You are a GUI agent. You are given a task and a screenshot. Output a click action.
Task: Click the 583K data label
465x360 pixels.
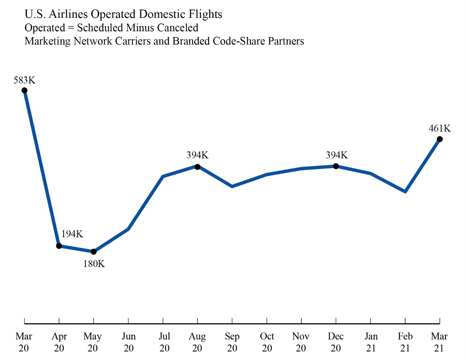tap(24, 80)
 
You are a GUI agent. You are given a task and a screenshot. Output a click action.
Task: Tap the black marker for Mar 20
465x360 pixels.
tap(24, 90)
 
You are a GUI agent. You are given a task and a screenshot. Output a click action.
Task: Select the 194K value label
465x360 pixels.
tap(72, 234)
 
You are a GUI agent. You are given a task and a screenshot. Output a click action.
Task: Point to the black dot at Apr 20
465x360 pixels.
tap(59, 246)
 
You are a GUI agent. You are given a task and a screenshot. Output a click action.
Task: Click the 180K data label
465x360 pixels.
tap(94, 264)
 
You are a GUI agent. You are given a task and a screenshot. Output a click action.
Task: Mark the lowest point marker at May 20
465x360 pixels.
tap(94, 252)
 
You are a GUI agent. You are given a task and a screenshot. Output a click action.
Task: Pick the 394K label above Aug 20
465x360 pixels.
tap(197, 155)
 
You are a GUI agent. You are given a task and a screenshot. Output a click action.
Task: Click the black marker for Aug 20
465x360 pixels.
tap(197, 167)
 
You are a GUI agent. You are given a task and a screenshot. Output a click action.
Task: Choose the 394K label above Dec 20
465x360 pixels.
tap(336, 155)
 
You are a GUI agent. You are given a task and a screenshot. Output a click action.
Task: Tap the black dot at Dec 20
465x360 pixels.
tap(336, 166)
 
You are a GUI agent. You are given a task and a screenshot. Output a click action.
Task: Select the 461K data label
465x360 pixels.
tap(440, 128)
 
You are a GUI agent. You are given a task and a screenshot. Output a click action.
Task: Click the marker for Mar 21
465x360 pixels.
tap(440, 139)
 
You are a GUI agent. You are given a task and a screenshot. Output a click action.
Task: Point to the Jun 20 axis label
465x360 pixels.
tap(129, 342)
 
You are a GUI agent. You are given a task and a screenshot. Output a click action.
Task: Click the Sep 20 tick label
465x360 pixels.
tap(232, 342)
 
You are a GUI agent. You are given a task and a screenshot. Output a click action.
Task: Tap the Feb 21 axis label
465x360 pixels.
tap(405, 342)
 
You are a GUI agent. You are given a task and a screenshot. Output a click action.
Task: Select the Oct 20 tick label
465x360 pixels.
tap(267, 342)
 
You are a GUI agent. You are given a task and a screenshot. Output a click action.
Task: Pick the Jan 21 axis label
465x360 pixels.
tap(371, 342)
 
